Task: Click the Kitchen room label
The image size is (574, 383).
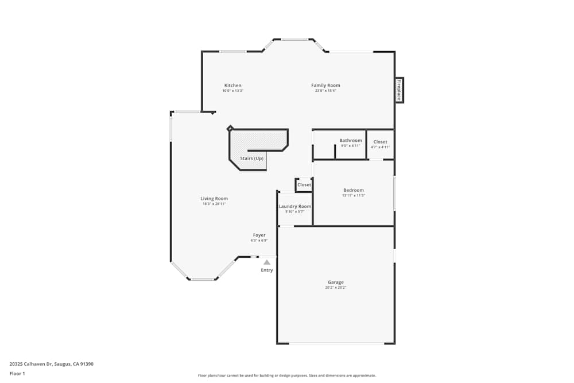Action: point(232,86)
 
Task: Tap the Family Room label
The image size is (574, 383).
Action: point(325,86)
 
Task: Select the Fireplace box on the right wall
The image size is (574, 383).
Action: point(398,90)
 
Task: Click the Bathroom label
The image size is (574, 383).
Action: point(350,141)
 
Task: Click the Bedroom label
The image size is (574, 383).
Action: point(353,190)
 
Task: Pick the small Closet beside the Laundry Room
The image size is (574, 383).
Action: point(304,185)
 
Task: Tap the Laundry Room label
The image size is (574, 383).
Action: point(294,206)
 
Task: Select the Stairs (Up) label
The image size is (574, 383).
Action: point(251,158)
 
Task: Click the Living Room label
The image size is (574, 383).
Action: point(214,199)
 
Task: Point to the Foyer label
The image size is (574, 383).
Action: point(259,235)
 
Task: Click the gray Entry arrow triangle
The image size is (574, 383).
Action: point(267,262)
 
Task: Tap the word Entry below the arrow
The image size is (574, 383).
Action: point(267,270)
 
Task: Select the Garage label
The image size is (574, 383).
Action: point(335,282)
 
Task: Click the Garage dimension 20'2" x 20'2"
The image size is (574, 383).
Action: point(335,287)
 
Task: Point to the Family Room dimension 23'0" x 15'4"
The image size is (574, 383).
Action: point(325,91)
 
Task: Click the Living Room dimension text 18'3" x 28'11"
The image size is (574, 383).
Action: point(214,204)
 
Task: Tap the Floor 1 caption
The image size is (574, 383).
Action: point(17,373)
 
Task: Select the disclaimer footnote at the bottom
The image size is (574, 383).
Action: point(286,376)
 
